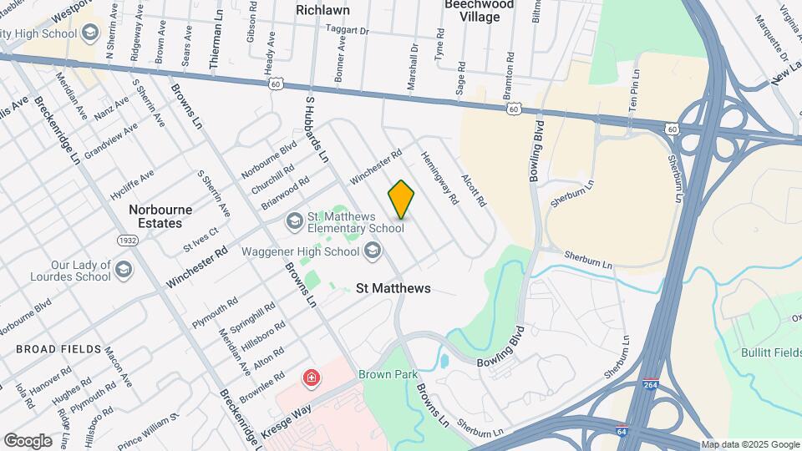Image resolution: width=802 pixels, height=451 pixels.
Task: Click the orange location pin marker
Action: click(x=401, y=199)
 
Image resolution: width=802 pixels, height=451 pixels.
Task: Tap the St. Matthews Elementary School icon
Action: click(x=293, y=221)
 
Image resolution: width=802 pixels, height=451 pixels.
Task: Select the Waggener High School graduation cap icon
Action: click(x=372, y=251)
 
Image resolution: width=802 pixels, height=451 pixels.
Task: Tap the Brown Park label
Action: click(x=388, y=375)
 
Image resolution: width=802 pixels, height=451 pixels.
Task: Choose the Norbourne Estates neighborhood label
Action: click(x=160, y=216)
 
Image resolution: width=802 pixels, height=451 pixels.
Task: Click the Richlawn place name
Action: click(x=322, y=10)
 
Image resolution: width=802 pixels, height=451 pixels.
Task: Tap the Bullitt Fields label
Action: click(x=770, y=352)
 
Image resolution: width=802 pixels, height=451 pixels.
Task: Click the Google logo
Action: click(x=28, y=440)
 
